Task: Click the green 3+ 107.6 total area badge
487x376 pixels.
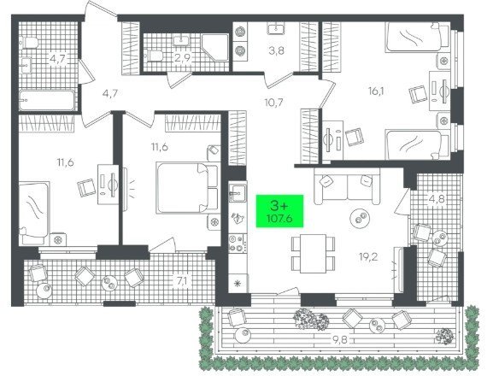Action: (x=279, y=211)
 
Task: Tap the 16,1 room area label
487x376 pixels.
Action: (x=376, y=91)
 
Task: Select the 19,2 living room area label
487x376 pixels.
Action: (x=368, y=256)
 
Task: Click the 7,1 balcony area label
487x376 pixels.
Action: (x=182, y=281)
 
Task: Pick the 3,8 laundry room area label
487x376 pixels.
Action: (x=277, y=50)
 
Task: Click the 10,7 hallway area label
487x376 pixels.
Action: (x=274, y=103)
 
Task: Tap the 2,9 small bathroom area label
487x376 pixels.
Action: (x=183, y=58)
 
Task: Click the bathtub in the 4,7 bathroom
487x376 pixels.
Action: (x=47, y=100)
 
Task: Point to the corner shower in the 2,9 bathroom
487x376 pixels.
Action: (x=215, y=48)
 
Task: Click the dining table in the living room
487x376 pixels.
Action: (x=313, y=254)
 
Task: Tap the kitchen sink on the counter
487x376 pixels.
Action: (x=238, y=193)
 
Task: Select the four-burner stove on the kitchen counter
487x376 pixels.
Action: (x=238, y=244)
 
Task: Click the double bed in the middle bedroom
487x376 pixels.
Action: (x=187, y=188)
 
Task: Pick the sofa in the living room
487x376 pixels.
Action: (x=347, y=186)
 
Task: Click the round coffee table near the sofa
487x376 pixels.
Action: (x=360, y=219)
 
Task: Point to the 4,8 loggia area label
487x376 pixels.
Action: (x=437, y=198)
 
